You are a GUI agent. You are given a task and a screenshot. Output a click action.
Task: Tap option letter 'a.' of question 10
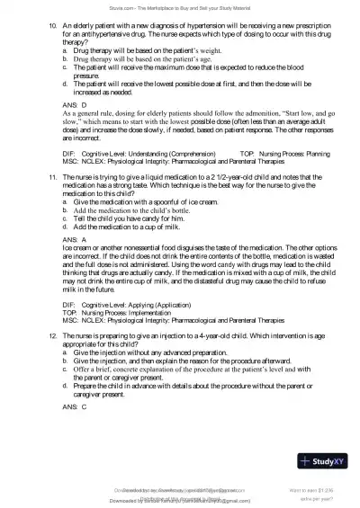tap(65, 56)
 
